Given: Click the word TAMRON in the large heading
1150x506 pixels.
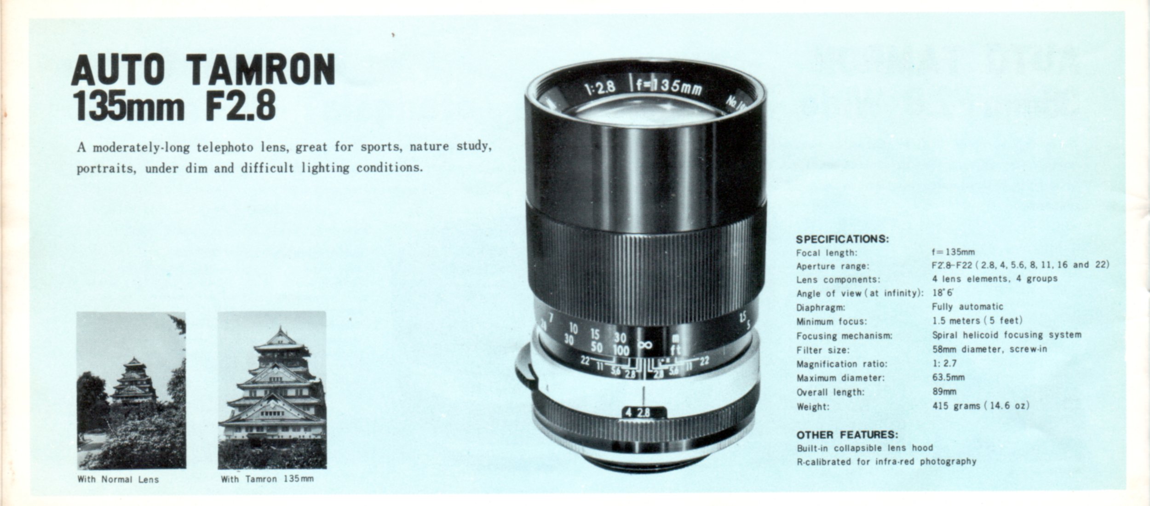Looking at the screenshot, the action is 263,70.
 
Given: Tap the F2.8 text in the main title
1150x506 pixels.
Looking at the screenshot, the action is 237,106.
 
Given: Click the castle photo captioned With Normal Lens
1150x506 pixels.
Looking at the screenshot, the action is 131,391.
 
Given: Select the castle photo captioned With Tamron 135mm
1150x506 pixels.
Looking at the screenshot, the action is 272,390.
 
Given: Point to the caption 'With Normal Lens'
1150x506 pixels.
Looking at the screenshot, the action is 118,479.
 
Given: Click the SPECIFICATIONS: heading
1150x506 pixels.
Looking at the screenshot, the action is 843,239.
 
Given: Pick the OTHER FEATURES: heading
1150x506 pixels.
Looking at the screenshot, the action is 847,435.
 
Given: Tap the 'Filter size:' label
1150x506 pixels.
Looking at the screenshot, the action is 823,350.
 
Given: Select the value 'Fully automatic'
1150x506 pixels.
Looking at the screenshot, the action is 968,307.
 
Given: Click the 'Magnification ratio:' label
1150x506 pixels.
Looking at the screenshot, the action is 842,364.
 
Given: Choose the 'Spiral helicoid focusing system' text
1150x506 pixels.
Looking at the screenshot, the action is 1007,335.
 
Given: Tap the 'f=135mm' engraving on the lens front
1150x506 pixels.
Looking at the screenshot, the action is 669,87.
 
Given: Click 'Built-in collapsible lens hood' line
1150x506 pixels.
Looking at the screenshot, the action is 865,448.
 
